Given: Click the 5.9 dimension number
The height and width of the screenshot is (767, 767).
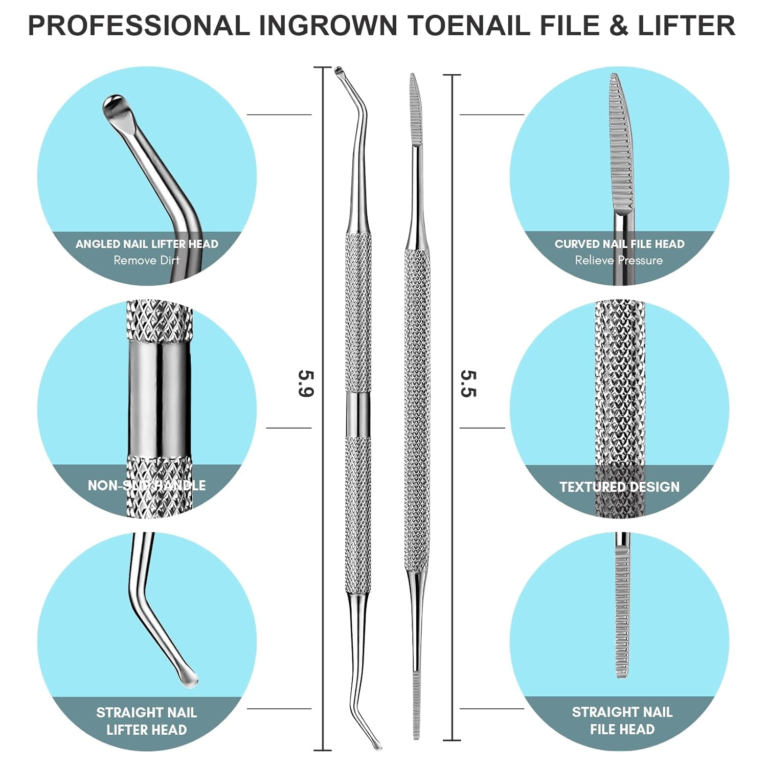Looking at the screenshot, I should tap(306, 383).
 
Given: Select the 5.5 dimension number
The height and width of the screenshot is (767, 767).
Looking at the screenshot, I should tap(468, 383).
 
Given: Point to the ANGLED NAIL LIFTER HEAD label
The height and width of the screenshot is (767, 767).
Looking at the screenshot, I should tap(147, 244).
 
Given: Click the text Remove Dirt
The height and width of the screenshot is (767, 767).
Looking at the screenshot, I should tap(147, 260).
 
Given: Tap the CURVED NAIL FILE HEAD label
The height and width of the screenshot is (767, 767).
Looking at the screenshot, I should tap(619, 244).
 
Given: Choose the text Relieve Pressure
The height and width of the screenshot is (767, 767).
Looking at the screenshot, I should tap(619, 260).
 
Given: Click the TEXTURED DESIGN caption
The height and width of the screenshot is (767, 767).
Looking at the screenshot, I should tap(619, 487).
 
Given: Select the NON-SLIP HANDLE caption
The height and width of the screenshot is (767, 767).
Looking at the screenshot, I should tap(147, 485).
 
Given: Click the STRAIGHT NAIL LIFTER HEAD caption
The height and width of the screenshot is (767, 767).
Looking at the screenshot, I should tap(147, 720).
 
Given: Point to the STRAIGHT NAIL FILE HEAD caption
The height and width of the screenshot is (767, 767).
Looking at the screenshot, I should tap(622, 720).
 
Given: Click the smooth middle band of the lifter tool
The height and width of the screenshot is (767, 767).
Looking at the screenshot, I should tap(358, 414).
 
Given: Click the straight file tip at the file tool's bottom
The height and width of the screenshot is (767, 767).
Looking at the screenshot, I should tap(417, 706).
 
